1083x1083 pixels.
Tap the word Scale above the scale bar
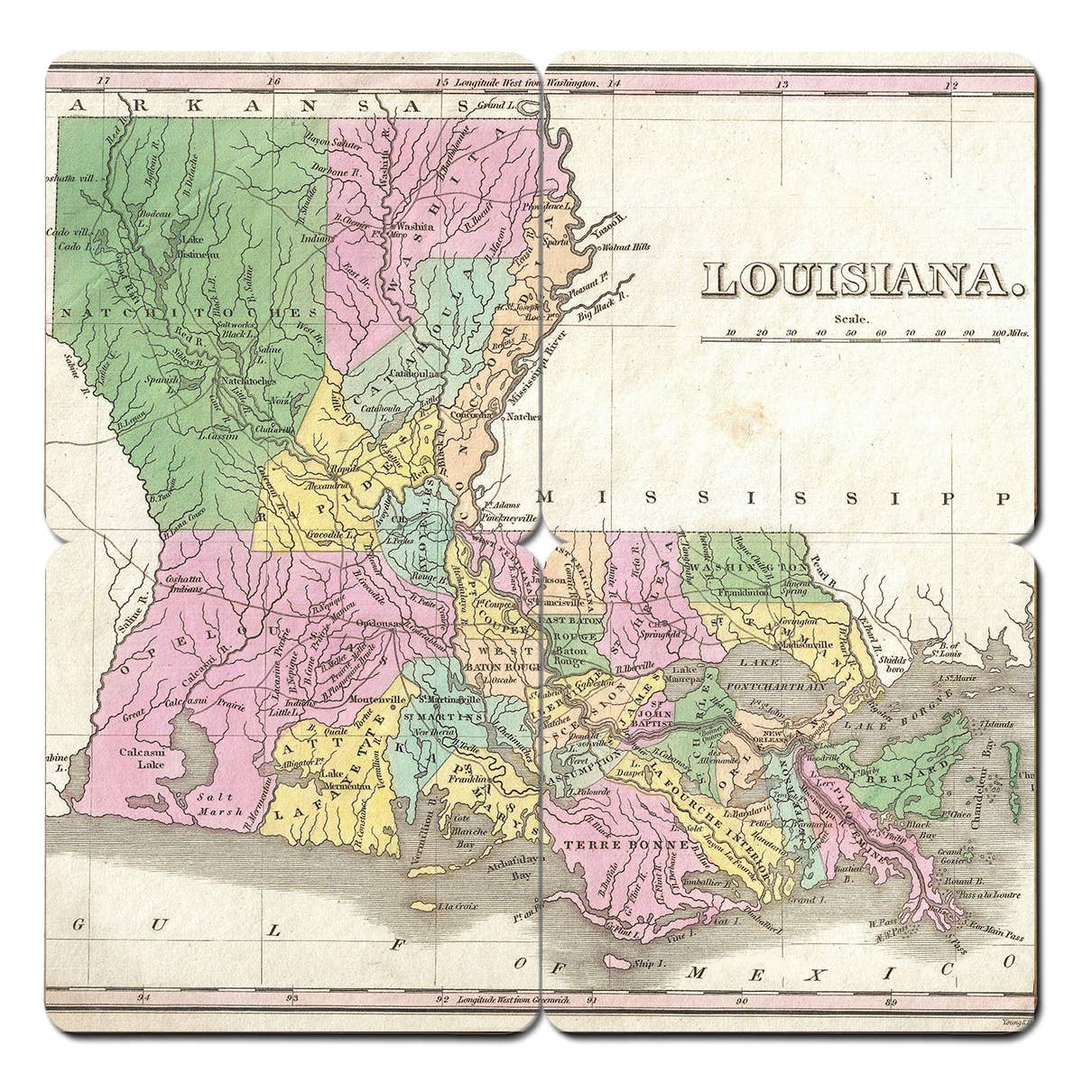pyautogui.click(x=852, y=319)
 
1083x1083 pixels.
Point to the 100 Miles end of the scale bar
pyautogui.click(x=1010, y=333)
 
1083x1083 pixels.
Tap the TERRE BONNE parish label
pyautogui.click(x=627, y=846)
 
